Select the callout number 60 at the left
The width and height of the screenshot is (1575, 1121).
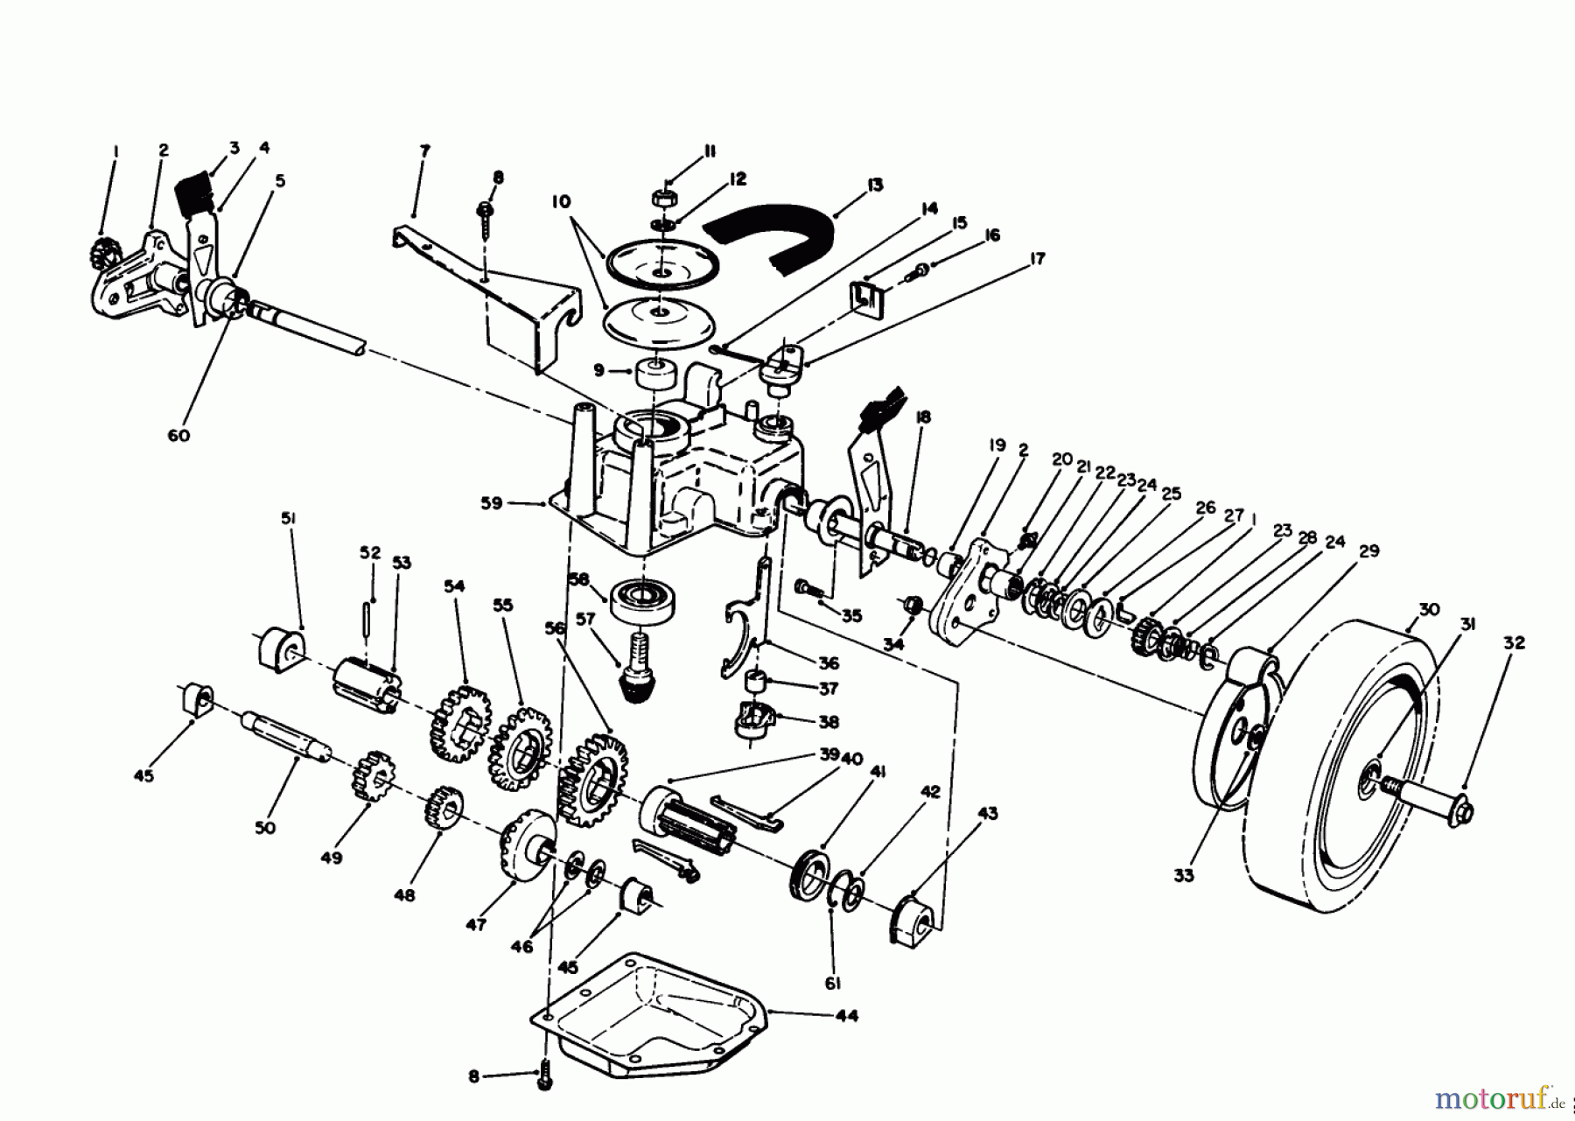pos(178,434)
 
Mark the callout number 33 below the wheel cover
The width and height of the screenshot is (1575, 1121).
pos(1182,875)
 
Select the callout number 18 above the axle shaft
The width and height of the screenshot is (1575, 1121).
pos(920,417)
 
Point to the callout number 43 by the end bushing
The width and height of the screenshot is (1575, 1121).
pos(987,815)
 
